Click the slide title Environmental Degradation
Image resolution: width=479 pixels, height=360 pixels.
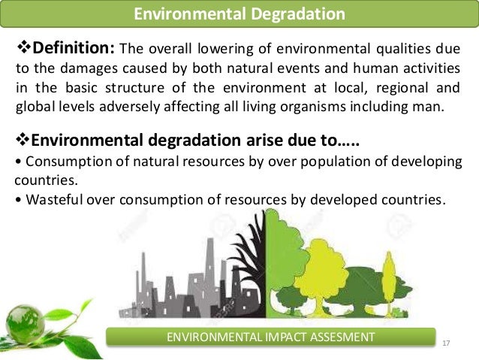pyautogui.click(x=239, y=14)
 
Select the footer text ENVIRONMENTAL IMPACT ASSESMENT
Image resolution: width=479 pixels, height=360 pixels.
pyautogui.click(x=271, y=336)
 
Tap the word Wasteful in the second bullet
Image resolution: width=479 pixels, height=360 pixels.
pyautogui.click(x=48, y=200)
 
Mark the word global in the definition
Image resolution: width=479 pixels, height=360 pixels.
pyautogui.click(x=32, y=105)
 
